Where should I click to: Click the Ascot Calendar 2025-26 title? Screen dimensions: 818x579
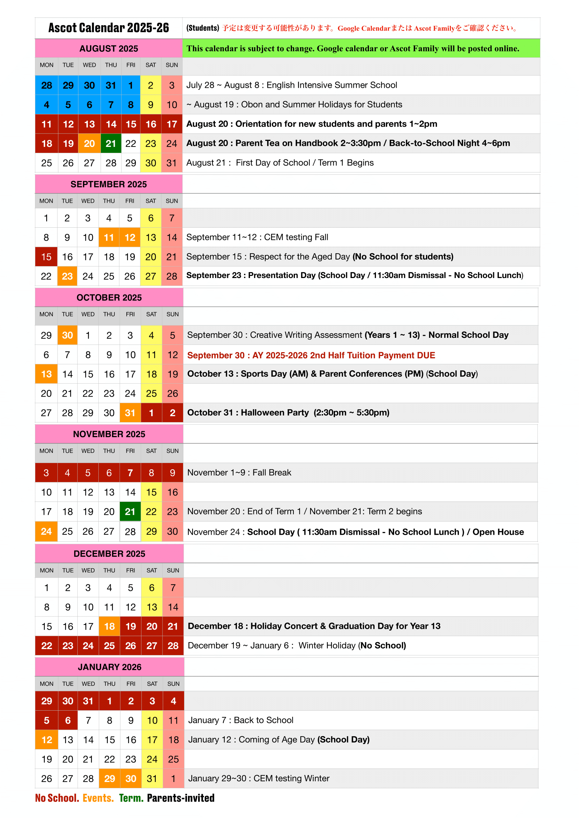(109, 28)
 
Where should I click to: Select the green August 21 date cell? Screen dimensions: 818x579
(111, 144)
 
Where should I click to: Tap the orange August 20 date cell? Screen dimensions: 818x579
(89, 144)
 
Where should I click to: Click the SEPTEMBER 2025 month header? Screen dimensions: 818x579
(109, 184)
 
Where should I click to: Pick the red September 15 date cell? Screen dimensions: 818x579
(46, 257)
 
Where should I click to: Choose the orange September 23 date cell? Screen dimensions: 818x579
(67, 276)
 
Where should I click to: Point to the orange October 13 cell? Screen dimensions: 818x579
(46, 374)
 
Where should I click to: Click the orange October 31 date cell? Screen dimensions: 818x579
(130, 413)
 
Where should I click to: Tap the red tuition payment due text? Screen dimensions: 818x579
(311, 355)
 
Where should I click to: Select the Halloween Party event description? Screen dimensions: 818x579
(288, 413)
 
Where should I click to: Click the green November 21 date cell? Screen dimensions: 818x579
(130, 512)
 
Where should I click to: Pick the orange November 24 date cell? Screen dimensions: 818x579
(46, 532)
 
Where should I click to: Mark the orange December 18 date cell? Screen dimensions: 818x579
(110, 627)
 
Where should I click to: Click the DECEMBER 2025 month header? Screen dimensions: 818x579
(109, 554)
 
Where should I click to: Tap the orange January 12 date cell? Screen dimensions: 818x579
(47, 740)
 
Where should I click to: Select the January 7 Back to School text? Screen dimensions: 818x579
(240, 720)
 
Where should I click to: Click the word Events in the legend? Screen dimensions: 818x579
(98, 798)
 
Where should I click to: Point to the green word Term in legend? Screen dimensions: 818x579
(131, 798)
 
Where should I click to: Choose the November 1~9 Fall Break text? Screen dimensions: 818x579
(239, 472)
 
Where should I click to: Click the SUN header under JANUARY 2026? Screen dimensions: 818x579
(173, 684)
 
